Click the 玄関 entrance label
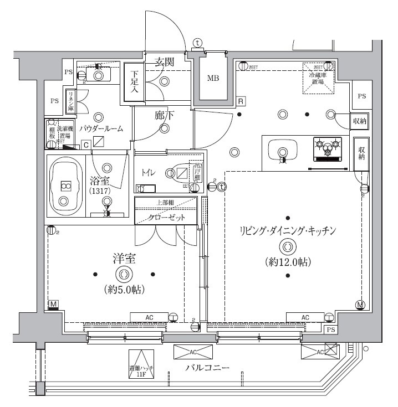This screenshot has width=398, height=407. pos(164,61)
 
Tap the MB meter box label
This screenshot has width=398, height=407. pos(213,78)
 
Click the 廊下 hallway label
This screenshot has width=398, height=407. pos(164,115)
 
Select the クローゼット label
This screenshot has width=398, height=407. pos(166,217)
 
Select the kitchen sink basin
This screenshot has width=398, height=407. pos(283,150)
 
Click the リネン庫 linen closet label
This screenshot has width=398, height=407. pos(71,100)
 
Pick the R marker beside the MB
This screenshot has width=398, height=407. pos(241,101)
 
